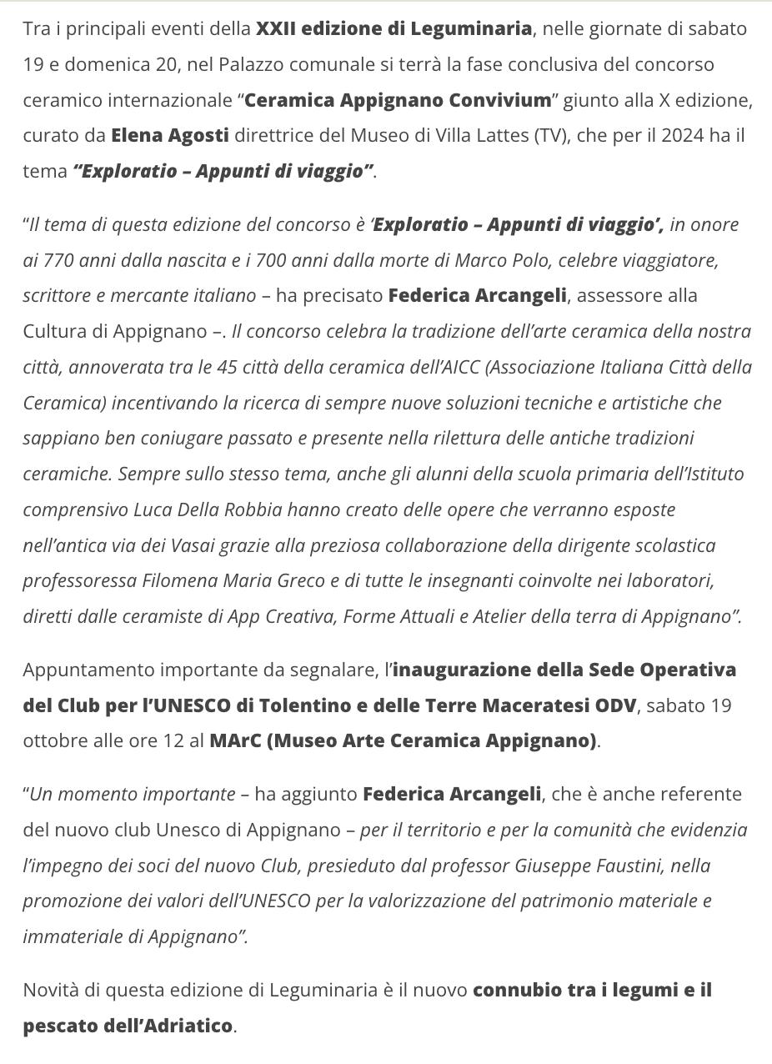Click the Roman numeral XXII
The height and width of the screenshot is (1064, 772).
(276, 28)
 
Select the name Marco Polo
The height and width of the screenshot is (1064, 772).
(502, 260)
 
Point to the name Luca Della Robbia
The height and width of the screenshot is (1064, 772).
(208, 509)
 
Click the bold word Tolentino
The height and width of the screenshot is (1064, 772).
(305, 705)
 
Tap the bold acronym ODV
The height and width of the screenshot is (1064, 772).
(615, 705)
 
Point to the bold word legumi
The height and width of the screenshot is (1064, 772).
(645, 990)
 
